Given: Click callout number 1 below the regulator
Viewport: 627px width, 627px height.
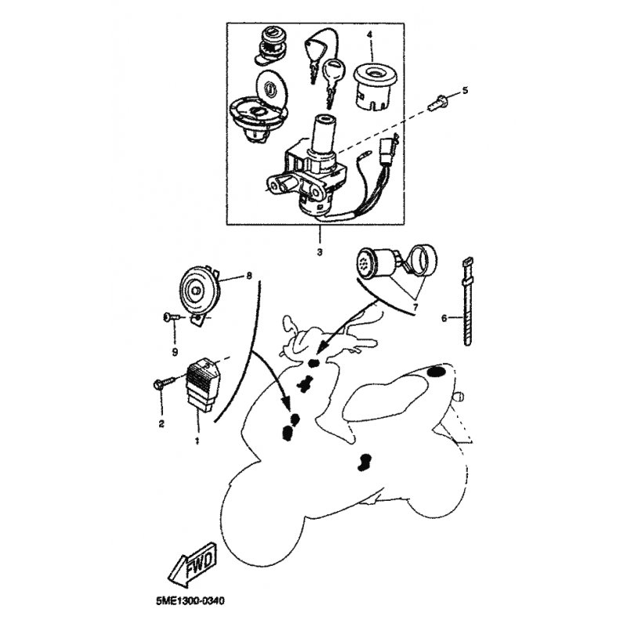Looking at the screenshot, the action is pos(197,441).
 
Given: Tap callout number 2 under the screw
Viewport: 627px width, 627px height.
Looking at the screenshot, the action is pos(161,423).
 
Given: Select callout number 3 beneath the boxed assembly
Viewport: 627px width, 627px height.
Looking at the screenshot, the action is pos(320,252).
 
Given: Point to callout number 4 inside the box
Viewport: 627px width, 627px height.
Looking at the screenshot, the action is pos(369,35).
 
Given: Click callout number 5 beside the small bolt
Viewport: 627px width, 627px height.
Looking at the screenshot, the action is pos(465,91).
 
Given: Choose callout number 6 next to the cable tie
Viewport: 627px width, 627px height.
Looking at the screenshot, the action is pos(444,318).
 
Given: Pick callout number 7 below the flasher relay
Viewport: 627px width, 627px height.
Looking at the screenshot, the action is pos(415,307).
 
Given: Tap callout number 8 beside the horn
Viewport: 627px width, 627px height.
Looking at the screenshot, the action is pos(249,276).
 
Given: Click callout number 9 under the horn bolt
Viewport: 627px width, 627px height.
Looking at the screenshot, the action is pos(175,352).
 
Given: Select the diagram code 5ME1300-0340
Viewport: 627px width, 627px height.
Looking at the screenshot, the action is pos(190,600).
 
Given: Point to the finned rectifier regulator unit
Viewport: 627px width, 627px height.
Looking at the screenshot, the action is pos(203,385).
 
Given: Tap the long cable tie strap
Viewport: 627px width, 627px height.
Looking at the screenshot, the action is pos(467,301).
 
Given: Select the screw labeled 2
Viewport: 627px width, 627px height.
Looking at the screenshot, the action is pos(164,382).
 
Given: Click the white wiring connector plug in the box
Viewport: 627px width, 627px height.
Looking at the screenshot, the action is pos(389,151).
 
